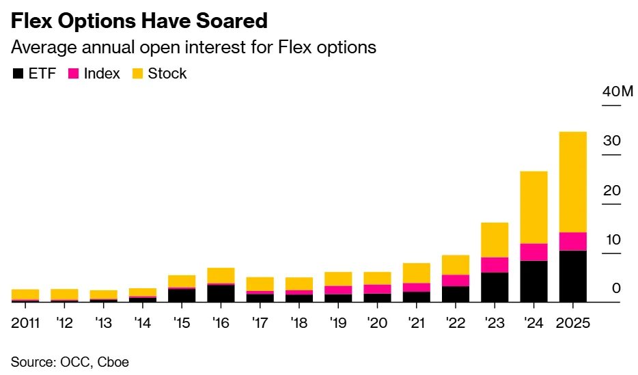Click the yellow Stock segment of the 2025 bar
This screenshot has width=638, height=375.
(572, 182)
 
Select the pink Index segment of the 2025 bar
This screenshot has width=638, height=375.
(572, 241)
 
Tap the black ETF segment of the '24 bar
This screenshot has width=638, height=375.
(533, 281)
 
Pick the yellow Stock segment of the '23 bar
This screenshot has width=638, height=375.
(495, 240)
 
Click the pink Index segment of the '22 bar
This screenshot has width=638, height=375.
(456, 280)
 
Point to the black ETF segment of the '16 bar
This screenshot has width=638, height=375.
(221, 293)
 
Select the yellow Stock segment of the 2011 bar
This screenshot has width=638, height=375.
(25, 294)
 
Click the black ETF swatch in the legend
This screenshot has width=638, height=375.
(18, 74)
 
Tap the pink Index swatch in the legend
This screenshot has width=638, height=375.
(73, 74)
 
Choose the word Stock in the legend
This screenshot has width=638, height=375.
(167, 74)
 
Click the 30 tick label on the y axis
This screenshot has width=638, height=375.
(612, 141)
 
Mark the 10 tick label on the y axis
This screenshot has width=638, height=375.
(612, 240)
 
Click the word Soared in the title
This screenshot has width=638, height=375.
(228, 21)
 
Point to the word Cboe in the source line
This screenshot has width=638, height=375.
(113, 362)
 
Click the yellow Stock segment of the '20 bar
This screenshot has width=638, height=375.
(377, 278)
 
